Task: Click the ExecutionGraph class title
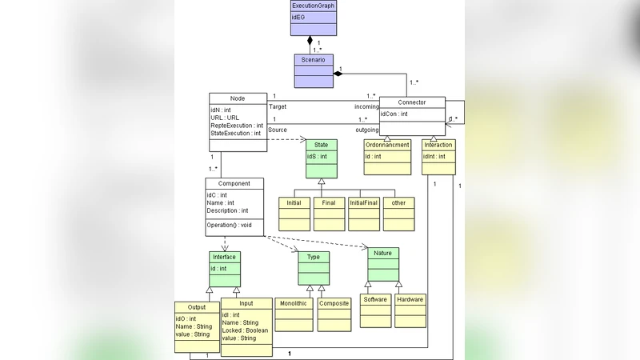313,6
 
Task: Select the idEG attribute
298,17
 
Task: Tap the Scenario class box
313,60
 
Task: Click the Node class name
237,98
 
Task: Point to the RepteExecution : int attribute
237,126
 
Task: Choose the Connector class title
412,102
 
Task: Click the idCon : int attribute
394,114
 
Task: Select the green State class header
321,145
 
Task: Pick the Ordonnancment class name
386,145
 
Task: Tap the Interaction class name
438,145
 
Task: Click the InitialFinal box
364,203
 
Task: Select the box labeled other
398,203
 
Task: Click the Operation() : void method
230,225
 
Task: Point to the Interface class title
224,257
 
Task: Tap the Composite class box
334,304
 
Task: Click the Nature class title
383,253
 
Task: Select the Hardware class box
410,299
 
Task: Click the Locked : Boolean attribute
246,330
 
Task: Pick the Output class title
197,306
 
